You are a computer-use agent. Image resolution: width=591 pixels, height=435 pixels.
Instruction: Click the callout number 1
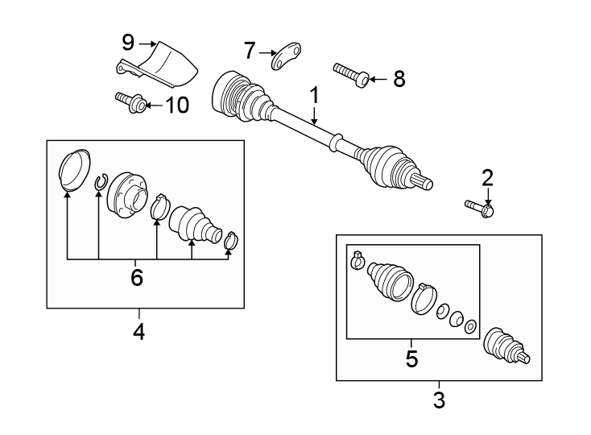pyautogui.click(x=314, y=96)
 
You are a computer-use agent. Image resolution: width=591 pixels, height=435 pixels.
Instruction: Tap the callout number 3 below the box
pyautogui.click(x=439, y=399)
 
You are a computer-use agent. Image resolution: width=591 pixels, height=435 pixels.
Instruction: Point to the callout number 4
pyautogui.click(x=138, y=330)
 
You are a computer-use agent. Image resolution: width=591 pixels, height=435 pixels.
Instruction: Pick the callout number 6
pyautogui.click(x=137, y=278)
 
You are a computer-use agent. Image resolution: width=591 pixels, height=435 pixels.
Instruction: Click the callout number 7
pyautogui.click(x=249, y=52)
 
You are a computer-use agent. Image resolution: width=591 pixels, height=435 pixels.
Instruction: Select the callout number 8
pyautogui.click(x=399, y=79)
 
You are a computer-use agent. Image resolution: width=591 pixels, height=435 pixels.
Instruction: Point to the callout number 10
pyautogui.click(x=176, y=105)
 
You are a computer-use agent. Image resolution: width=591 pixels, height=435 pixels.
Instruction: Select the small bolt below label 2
pyautogui.click(x=479, y=209)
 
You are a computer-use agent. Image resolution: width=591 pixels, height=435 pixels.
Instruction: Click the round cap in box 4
pyautogui.click(x=75, y=169)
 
